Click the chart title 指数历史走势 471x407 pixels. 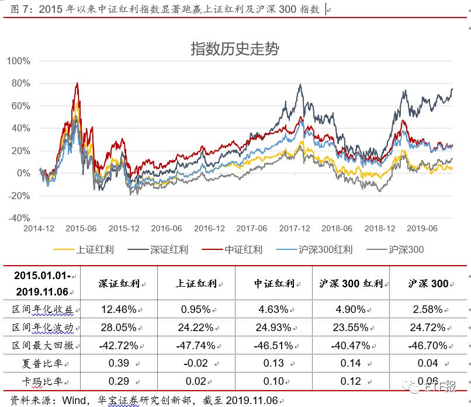235,48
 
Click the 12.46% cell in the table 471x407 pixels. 119,309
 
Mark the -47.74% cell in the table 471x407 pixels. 196,346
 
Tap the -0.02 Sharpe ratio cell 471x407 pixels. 196,364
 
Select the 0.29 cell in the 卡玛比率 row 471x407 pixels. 119,382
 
